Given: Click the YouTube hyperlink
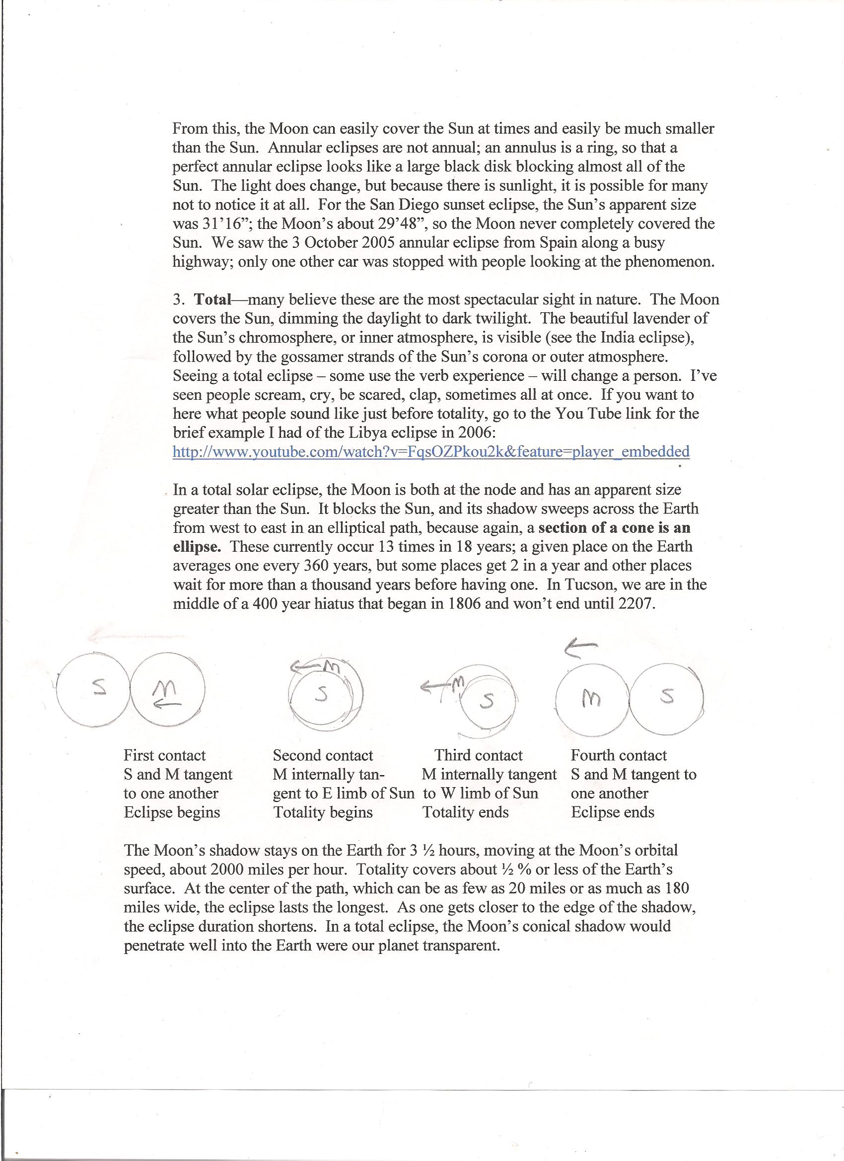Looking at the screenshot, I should point(431,451).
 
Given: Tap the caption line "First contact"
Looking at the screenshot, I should point(164,756).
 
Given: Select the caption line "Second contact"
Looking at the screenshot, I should point(323,756).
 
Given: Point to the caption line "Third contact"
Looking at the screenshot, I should point(479,756).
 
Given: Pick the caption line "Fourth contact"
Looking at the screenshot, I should point(619,756).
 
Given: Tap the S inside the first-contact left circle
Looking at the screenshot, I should point(99,686).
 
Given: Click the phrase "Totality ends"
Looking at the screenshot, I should point(465,812).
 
